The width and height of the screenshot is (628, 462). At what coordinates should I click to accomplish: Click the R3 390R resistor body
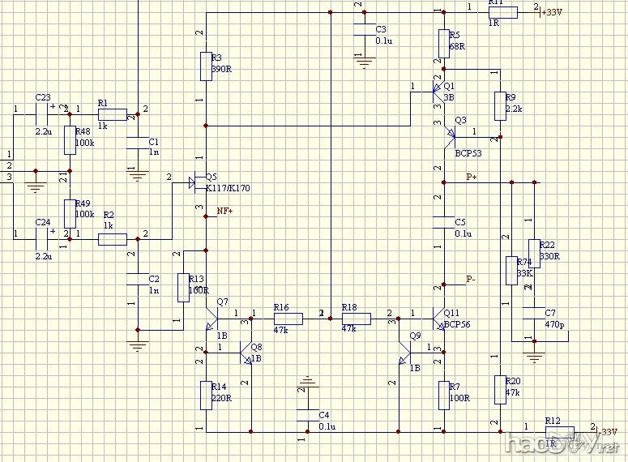(x=206, y=66)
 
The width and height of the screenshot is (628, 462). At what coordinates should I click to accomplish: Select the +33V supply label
(x=551, y=13)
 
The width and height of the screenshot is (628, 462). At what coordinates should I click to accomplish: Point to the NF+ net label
(x=225, y=211)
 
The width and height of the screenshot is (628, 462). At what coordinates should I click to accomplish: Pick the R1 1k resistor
(x=112, y=115)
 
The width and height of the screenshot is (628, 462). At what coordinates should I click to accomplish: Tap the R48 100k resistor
(x=70, y=140)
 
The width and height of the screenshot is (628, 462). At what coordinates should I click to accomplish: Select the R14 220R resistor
(x=206, y=395)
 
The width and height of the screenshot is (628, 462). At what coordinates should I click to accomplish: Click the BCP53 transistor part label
(x=468, y=152)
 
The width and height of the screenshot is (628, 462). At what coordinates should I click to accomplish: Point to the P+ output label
(x=472, y=176)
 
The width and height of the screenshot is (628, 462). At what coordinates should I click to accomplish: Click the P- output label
(x=471, y=279)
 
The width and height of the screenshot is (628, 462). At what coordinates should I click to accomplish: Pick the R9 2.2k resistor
(x=500, y=104)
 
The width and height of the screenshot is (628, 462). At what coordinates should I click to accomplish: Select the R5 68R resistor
(x=443, y=42)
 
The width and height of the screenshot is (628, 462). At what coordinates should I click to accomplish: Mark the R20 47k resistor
(x=500, y=389)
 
